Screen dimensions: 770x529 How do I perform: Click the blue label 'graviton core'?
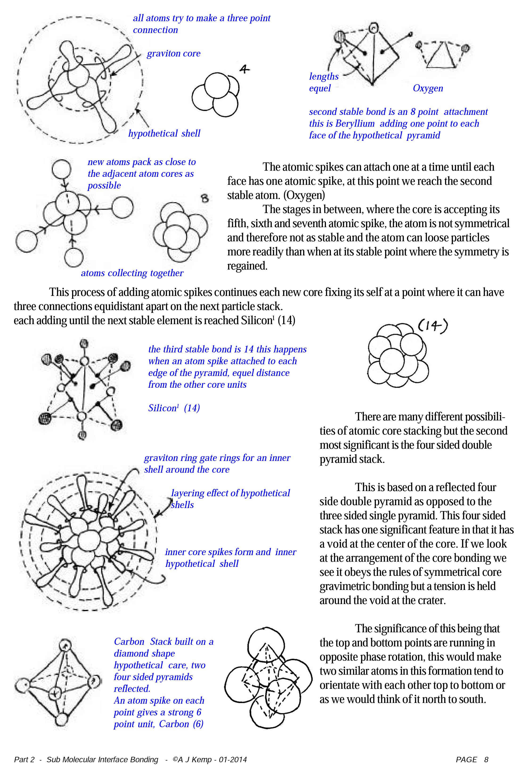pyautogui.click(x=173, y=53)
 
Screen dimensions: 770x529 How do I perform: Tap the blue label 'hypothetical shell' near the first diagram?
pyautogui.click(x=164, y=133)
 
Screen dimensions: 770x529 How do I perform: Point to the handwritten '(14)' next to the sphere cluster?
pyautogui.click(x=432, y=326)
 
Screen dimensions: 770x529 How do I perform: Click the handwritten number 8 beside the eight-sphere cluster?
pyautogui.click(x=205, y=198)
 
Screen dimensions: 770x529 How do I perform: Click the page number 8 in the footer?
pyautogui.click(x=486, y=760)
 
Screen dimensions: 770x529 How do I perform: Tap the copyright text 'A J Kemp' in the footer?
pyautogui.click(x=195, y=760)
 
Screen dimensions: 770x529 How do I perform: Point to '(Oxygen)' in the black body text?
pyautogui.click(x=304, y=195)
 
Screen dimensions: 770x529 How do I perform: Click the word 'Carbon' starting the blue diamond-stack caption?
pyautogui.click(x=129, y=641)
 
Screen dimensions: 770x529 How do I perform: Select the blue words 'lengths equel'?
pyautogui.click(x=323, y=82)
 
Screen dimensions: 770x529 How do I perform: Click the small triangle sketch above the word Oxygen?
pyautogui.click(x=442, y=55)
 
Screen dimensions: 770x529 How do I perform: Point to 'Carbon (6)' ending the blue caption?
pyautogui.click(x=181, y=724)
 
